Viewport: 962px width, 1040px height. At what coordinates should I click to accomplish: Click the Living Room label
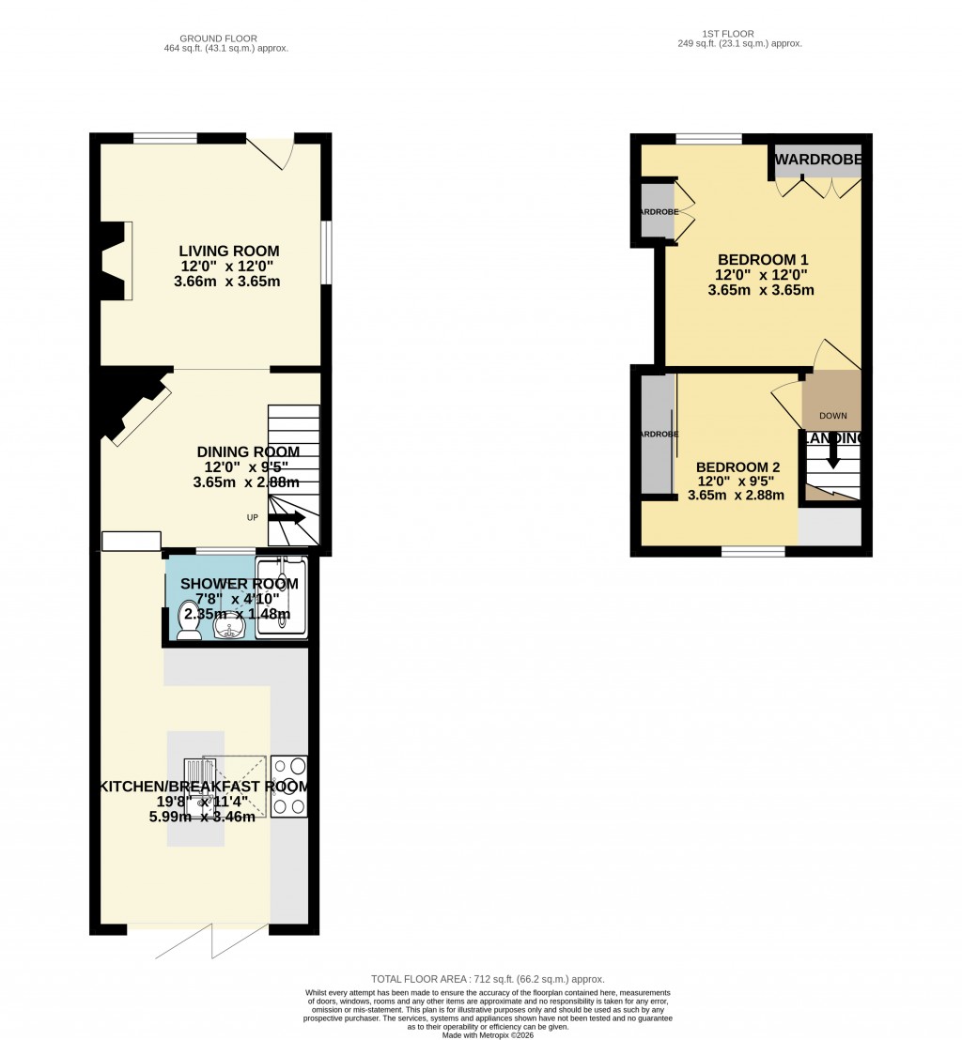coord(229,251)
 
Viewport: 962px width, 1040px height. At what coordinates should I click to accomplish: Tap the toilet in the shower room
coord(188,622)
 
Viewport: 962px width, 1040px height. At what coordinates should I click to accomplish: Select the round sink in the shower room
coord(228,625)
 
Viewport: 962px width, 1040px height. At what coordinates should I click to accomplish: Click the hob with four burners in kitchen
coord(288,786)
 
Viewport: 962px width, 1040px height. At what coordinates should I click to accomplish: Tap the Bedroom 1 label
coord(762,260)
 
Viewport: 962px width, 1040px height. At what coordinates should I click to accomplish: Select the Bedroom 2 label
coord(737,467)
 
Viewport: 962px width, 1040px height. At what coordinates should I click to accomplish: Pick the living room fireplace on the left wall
coord(116,261)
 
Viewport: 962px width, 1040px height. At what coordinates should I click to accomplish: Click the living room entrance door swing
coord(272,153)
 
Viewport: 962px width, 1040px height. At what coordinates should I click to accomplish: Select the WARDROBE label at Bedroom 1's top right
coord(817,161)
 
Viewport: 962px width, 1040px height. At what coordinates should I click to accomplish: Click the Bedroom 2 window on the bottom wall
coord(753,552)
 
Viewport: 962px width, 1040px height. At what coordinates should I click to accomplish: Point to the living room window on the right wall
coord(325,252)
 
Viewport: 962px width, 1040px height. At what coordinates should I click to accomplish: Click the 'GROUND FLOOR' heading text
coord(225,38)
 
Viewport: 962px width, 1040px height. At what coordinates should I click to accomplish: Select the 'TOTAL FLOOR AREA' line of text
coord(488,979)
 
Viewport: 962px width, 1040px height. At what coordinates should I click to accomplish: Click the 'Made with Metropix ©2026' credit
coord(488,1033)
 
